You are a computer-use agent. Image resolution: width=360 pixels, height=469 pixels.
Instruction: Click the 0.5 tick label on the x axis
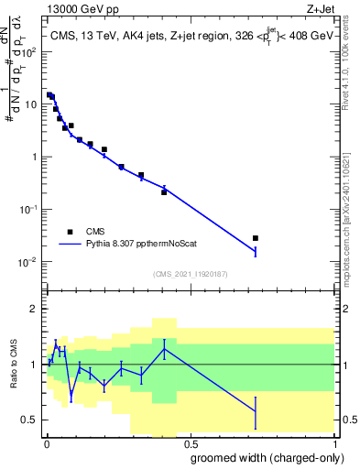point(189,442)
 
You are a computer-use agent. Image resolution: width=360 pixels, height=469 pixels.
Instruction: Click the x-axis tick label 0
point(46,442)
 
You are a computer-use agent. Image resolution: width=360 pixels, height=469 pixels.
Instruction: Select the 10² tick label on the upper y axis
point(30,51)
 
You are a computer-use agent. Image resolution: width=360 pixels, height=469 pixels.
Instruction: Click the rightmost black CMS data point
point(256,238)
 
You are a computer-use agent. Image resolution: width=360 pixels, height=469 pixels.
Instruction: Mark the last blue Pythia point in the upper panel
point(256,251)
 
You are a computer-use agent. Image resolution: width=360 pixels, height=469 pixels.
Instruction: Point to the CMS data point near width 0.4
point(164,191)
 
